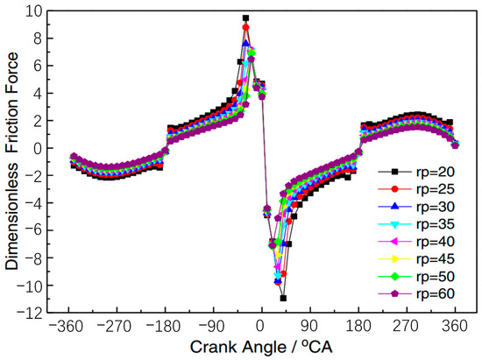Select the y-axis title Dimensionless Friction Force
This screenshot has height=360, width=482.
(x=12, y=161)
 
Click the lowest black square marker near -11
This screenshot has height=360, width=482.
(x=283, y=298)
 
